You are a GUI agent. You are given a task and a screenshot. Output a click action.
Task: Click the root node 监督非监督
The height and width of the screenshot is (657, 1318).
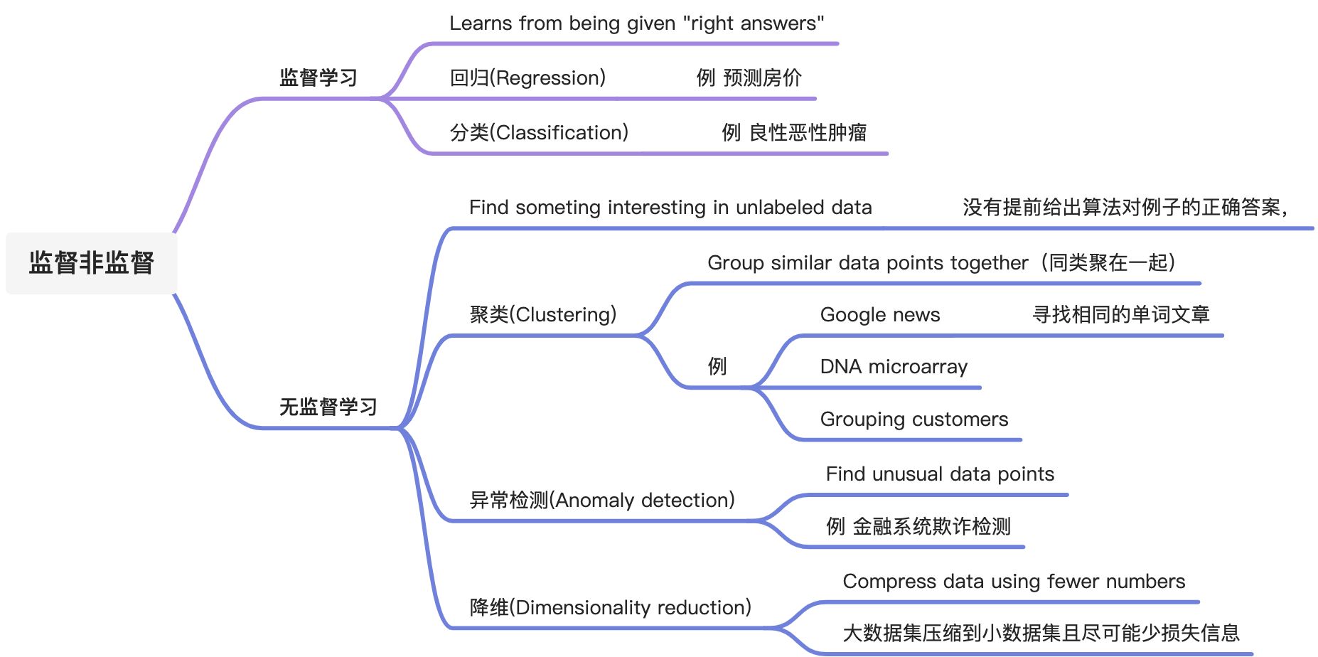click(91, 263)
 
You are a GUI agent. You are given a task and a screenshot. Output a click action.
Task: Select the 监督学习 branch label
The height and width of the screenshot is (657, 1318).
click(318, 78)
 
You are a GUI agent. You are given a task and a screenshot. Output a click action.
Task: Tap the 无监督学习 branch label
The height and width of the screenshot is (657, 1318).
click(328, 407)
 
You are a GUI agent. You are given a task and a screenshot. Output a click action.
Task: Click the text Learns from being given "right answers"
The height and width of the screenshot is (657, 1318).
click(636, 23)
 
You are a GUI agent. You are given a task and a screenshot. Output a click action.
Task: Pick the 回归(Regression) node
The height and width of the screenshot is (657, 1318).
click(527, 78)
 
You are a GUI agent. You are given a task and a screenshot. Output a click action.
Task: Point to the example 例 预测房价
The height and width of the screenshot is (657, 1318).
click(749, 78)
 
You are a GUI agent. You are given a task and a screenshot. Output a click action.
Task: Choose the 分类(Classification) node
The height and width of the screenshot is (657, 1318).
click(539, 132)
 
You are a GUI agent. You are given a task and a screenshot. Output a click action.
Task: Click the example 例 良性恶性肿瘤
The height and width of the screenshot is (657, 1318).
click(794, 132)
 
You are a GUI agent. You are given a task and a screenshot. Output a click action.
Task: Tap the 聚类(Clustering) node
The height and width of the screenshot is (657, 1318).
click(543, 314)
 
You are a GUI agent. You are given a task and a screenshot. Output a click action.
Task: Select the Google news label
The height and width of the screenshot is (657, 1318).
click(879, 314)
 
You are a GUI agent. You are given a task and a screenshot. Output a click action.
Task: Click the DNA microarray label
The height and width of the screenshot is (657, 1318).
click(894, 367)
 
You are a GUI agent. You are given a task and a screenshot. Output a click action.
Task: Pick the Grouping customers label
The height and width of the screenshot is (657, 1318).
click(914, 420)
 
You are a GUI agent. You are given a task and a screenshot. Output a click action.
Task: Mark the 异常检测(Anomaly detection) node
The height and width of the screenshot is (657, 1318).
click(602, 500)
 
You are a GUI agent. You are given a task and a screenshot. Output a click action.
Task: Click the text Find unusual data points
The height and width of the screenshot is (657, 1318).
click(940, 474)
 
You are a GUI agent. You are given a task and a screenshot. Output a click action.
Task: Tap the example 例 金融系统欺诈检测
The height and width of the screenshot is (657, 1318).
click(918, 527)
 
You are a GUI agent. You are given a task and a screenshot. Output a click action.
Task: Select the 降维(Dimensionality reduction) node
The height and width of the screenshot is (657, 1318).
click(610, 607)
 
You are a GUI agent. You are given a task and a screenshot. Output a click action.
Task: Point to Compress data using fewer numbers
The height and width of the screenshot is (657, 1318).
click(1014, 582)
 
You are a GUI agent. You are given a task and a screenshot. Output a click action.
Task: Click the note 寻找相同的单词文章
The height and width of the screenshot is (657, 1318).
click(1120, 314)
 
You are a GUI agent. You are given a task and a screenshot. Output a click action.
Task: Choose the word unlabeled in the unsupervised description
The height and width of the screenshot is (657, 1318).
click(780, 208)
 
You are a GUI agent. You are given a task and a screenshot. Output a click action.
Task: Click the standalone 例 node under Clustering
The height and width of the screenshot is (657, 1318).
click(717, 367)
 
